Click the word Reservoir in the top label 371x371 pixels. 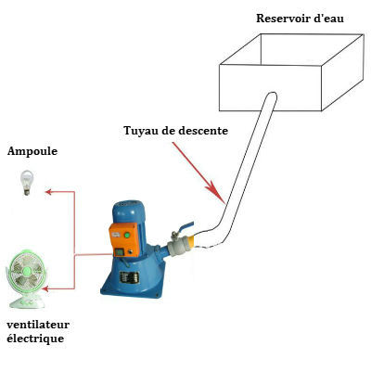click(283, 19)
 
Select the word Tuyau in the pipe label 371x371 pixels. click(139, 131)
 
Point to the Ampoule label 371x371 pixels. click(32, 152)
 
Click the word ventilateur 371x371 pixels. click(38, 325)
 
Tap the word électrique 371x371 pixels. click(35, 339)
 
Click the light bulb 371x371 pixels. click(27, 183)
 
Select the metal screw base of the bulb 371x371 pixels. click(27, 192)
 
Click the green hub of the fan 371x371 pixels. click(27, 272)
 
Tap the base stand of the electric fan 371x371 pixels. click(27, 303)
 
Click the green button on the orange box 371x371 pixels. click(126, 236)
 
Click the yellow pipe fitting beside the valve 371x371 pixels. click(192, 241)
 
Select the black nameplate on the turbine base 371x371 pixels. click(130, 277)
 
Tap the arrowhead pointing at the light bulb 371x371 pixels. click(48, 192)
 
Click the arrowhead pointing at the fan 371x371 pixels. click(45, 289)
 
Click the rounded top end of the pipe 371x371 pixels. click(271, 96)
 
